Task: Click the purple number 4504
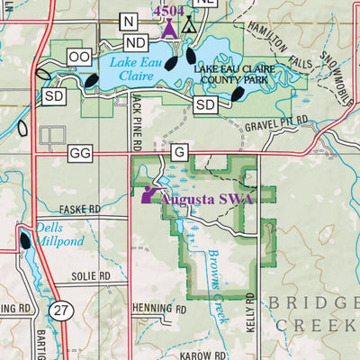168,10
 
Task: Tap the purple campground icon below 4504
167,27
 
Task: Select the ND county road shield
136,42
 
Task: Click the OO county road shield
79,57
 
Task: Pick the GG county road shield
80,154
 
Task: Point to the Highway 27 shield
59,310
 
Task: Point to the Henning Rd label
158,308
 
